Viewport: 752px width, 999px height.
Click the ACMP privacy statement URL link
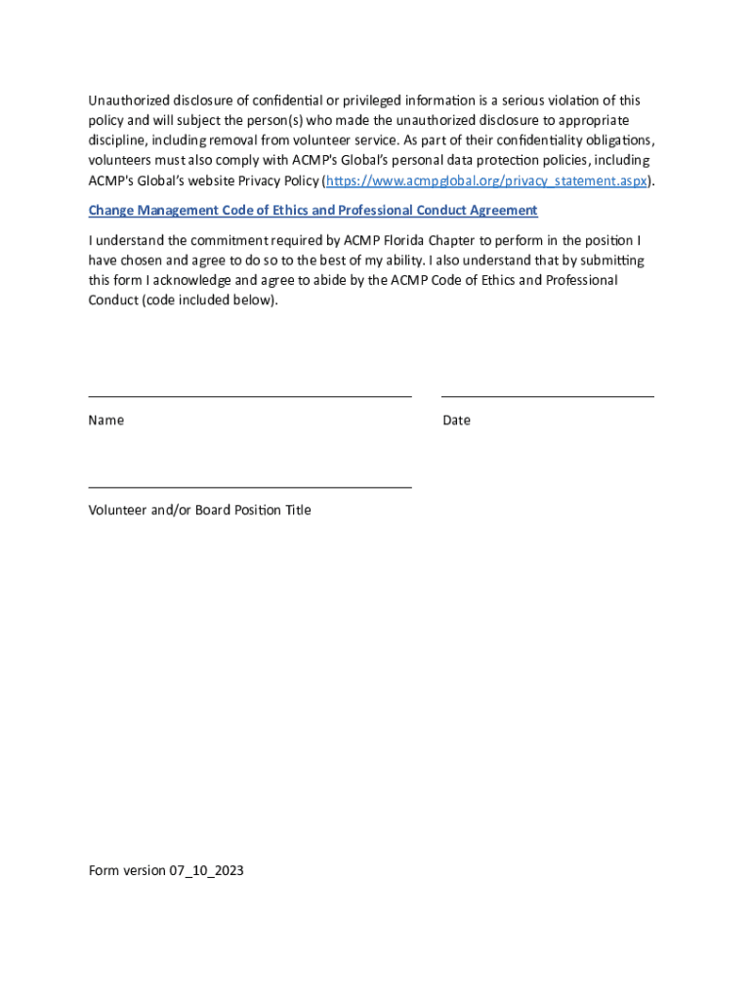click(x=486, y=181)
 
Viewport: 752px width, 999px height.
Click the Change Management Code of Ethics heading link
click(x=313, y=211)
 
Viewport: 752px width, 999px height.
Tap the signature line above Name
click(x=249, y=396)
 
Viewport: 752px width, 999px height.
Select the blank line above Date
click(x=547, y=396)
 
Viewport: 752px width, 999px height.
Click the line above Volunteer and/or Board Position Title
click(x=249, y=487)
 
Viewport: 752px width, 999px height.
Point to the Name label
click(x=105, y=420)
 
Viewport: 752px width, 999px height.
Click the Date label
click(x=456, y=420)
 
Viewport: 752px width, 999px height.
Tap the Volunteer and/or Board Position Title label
click(x=199, y=510)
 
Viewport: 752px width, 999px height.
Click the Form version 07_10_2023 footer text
click(x=165, y=870)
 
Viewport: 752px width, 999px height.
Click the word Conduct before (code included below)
click(x=113, y=300)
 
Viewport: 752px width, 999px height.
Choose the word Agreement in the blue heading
click(x=500, y=211)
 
